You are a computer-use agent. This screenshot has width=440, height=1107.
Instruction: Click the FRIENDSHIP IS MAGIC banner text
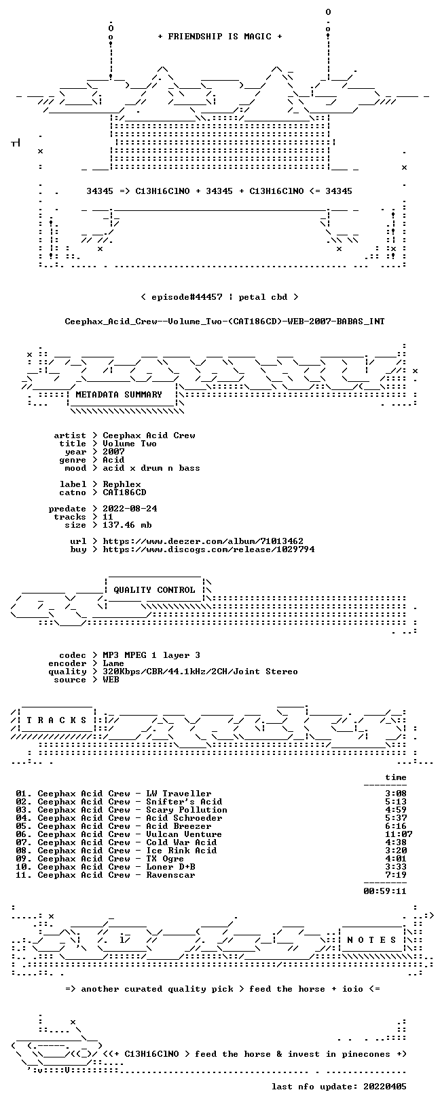(x=220, y=37)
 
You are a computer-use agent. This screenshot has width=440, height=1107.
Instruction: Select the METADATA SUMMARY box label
(x=119, y=395)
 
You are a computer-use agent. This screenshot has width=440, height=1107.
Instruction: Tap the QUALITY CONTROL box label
(x=154, y=590)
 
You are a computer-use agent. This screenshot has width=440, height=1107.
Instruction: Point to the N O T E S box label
(x=371, y=940)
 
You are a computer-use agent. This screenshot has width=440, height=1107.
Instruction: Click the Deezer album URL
(x=203, y=542)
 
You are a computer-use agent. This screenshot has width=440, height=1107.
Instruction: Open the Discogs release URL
(x=208, y=549)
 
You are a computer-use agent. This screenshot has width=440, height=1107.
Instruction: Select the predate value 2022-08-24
(x=130, y=509)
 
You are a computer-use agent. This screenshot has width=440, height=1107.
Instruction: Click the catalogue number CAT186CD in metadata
(x=124, y=492)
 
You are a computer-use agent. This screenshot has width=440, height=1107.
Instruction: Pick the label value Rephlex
(x=122, y=485)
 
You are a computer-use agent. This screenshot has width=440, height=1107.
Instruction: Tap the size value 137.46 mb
(x=127, y=525)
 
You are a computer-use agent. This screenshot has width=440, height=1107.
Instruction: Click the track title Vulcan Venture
(x=184, y=835)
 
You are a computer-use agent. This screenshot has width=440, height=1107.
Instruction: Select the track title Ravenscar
(x=170, y=875)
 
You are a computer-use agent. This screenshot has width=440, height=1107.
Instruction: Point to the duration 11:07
(x=399, y=835)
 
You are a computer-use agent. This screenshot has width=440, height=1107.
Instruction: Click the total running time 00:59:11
(x=385, y=891)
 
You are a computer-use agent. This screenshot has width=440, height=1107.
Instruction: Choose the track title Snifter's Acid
(x=184, y=802)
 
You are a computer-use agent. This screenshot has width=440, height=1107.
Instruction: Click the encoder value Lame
(x=113, y=663)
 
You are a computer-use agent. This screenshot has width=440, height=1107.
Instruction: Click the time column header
(x=396, y=778)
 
